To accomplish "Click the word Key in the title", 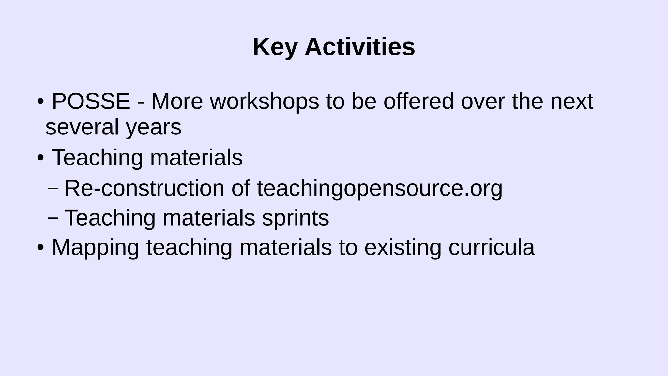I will point(275,47).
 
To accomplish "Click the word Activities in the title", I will point(360,47).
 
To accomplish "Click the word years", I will point(154,127).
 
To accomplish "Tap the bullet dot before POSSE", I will point(40,102).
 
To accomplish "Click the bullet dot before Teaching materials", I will point(40,158).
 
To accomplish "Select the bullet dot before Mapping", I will point(40,247).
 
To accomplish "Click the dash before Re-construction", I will point(53,188).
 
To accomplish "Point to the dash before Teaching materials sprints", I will point(53,218).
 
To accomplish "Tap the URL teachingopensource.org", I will point(380,189).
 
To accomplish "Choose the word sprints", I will point(296,218).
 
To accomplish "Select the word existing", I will point(402,247).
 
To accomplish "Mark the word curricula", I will point(492,247).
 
